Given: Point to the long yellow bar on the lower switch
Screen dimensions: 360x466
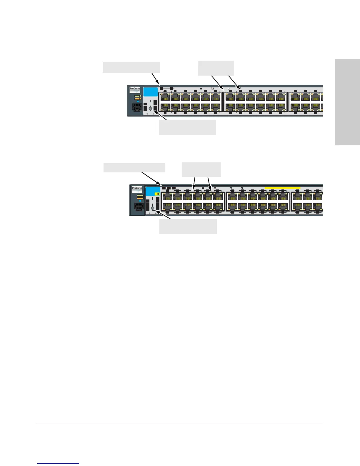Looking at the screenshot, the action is pos(282,188).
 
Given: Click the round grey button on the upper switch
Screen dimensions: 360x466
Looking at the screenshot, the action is pos(151,109).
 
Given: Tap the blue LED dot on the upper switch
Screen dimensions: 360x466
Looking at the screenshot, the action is pos(138,101).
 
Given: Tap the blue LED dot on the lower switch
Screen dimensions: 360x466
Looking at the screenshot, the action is pos(140,201).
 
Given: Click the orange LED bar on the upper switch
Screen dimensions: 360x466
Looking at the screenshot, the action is pos(138,99).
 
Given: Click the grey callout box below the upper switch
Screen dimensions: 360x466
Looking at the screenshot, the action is pos(187,127).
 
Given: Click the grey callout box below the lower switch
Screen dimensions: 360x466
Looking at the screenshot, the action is pos(188,226).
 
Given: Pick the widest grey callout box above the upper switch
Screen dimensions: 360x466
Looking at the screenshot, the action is pos(131,67).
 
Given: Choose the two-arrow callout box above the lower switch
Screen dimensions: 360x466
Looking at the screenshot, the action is pos(201,169).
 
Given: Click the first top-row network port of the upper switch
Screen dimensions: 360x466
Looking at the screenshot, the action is pos(165,96).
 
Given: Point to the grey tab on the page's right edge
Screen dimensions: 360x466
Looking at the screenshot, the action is pos(347,102).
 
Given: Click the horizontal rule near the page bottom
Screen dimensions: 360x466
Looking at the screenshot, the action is pos(179,423).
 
